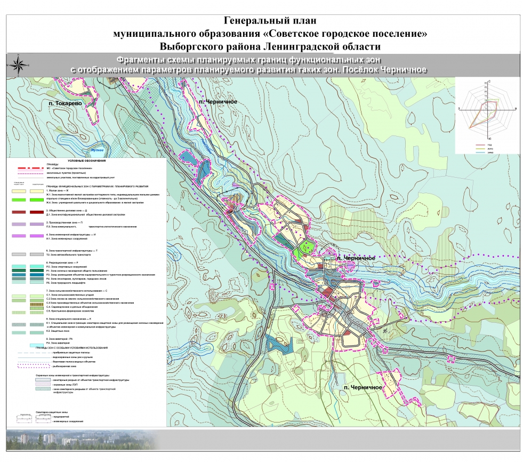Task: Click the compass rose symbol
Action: [x=18, y=64]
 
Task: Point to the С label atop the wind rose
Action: [x=489, y=79]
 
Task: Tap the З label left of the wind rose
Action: [x=459, y=108]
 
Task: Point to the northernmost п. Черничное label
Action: [x=217, y=101]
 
